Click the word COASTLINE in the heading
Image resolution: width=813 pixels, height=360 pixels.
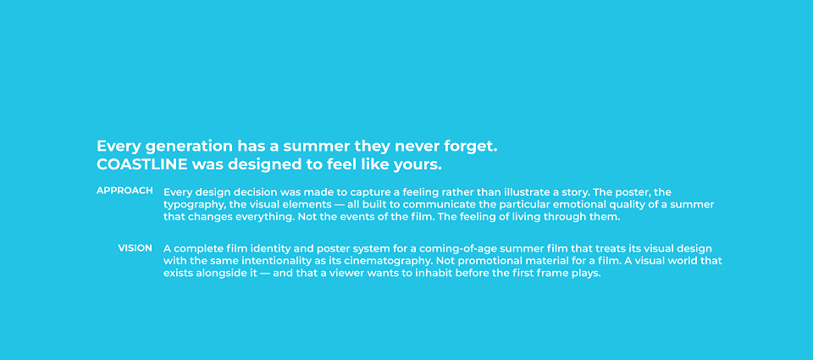pyautogui.click(x=142, y=164)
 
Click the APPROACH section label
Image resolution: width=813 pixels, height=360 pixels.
pyautogui.click(x=125, y=191)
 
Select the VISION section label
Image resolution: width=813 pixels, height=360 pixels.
pyautogui.click(x=135, y=248)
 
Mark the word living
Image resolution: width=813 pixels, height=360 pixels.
pyautogui.click(x=528, y=218)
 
